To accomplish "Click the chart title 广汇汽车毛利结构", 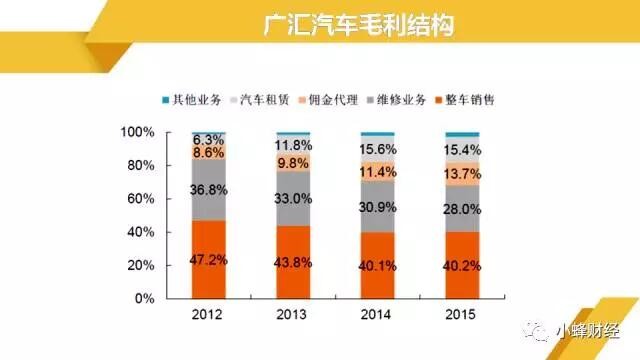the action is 358,25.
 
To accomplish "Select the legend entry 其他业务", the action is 192,100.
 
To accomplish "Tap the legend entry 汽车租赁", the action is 260,100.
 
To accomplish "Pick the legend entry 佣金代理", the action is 328,100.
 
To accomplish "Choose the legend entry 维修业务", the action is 396,100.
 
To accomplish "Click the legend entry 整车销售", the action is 464,100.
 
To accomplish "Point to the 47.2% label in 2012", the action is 209,260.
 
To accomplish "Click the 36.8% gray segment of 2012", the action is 209,190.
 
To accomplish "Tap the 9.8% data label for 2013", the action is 293,163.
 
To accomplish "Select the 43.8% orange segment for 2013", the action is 293,262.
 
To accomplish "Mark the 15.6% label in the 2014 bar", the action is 378,149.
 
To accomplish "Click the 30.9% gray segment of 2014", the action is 378,207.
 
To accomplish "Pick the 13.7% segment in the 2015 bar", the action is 462,174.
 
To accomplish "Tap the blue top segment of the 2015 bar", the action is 462,135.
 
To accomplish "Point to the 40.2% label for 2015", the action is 462,266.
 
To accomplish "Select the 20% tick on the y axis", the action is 141,265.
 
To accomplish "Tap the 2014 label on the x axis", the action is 376,314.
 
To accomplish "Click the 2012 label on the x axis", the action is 207,314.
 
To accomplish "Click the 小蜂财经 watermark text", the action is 588,331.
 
